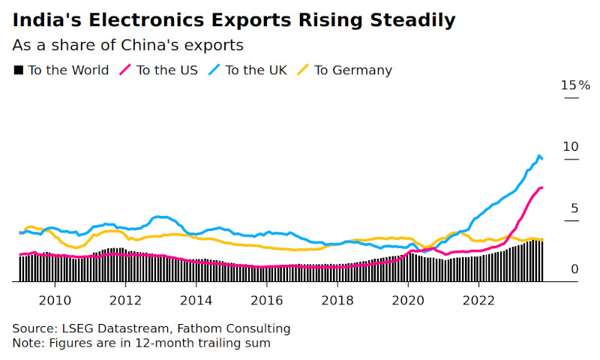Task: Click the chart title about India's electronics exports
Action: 233,19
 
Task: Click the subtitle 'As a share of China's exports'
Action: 127,45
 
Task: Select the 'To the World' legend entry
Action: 61,70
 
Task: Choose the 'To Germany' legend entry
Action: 344,70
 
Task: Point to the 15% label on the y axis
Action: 575,85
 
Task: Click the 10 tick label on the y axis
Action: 571,147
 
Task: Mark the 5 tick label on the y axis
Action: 574,208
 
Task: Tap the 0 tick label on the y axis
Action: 574,268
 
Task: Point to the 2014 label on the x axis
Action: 195,301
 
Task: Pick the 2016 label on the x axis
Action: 266,301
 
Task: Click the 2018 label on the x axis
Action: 337,301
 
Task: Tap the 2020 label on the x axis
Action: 407,301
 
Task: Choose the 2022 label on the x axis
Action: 478,301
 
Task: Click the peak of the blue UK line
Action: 539,155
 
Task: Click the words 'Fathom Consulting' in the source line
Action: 244,328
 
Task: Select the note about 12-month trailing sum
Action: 141,343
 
